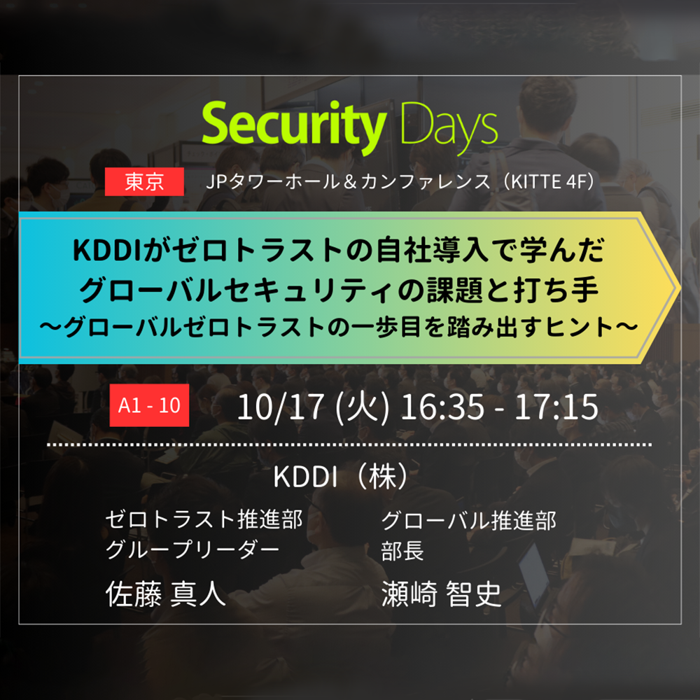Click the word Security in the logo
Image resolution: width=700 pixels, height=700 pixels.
pos(294,126)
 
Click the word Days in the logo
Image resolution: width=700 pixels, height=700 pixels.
pos(449,126)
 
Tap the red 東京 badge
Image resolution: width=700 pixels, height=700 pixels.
pos(144,181)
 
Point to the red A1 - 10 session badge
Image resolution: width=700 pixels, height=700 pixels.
pos(149,405)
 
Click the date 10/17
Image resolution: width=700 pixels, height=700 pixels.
pos(280,407)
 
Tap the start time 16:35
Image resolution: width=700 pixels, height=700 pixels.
pos(442,407)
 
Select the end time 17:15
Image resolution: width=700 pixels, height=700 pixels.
pos(556,407)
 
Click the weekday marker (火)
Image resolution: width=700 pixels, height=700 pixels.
pos(362,407)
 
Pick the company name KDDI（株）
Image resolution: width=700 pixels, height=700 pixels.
pos(341,477)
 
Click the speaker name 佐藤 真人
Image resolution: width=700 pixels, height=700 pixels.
pos(166,594)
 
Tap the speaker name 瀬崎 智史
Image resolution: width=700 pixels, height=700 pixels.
pos(442,594)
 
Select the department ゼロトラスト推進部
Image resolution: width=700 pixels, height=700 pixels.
pos(204,519)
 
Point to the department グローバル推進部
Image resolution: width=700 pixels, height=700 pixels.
pos(468,521)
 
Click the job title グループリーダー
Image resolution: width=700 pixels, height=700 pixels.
pos(192,549)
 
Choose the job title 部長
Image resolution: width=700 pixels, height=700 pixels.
pos(402,550)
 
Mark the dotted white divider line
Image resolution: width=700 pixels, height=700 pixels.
pos(349,445)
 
